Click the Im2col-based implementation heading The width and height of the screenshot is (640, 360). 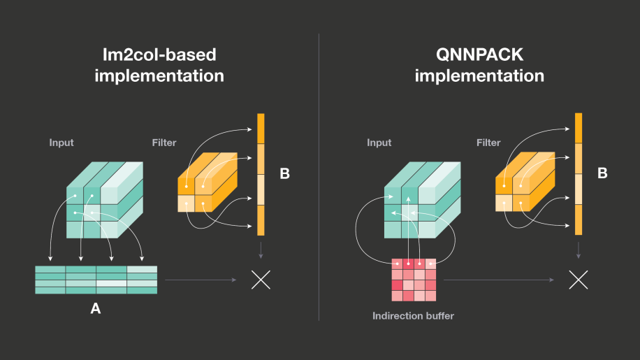pos(159,64)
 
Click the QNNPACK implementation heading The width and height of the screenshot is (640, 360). pos(479,64)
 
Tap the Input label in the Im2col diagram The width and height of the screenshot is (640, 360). pos(61,143)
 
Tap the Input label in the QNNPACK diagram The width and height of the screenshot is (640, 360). pos(379,143)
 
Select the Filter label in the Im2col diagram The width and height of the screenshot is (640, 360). pos(164,143)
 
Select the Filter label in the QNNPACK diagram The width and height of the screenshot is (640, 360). pos(488,143)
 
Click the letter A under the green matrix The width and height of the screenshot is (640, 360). pos(96,308)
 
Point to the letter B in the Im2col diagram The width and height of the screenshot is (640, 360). pos(284,173)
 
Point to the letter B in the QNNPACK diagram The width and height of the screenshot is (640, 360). pos(602,173)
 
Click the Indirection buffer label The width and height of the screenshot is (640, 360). pos(413,316)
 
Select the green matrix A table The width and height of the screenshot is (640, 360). pos(96,280)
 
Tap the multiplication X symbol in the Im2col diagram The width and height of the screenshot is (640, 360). pos(261,280)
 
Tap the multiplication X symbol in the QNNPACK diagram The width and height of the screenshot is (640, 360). pos(578,280)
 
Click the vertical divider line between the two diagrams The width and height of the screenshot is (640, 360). pos(319,175)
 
